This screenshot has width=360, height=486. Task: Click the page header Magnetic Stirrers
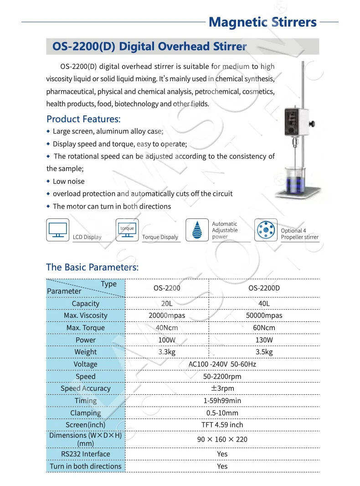tap(262, 22)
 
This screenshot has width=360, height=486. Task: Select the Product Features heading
tap(83, 119)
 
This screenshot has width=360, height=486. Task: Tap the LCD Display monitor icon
tap(58, 230)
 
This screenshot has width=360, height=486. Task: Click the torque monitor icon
tap(127, 230)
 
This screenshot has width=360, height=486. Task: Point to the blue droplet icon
tap(197, 230)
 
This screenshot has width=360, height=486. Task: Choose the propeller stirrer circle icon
tap(266, 230)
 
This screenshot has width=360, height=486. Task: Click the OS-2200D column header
tap(264, 288)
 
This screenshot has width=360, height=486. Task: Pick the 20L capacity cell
tap(167, 304)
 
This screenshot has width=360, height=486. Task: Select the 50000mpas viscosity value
tap(264, 315)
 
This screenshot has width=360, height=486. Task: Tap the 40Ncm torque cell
tap(167, 328)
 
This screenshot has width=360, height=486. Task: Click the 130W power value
tap(264, 340)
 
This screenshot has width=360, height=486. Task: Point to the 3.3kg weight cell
tap(167, 352)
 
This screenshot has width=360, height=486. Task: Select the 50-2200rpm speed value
tap(222, 377)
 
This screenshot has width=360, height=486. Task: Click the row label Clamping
tap(86, 413)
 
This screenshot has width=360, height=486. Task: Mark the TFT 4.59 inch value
tap(222, 425)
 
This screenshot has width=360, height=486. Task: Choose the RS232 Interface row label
tap(86, 454)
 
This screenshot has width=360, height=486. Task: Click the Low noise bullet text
tap(69, 181)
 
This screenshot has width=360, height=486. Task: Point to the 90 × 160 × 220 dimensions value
tap(222, 439)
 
